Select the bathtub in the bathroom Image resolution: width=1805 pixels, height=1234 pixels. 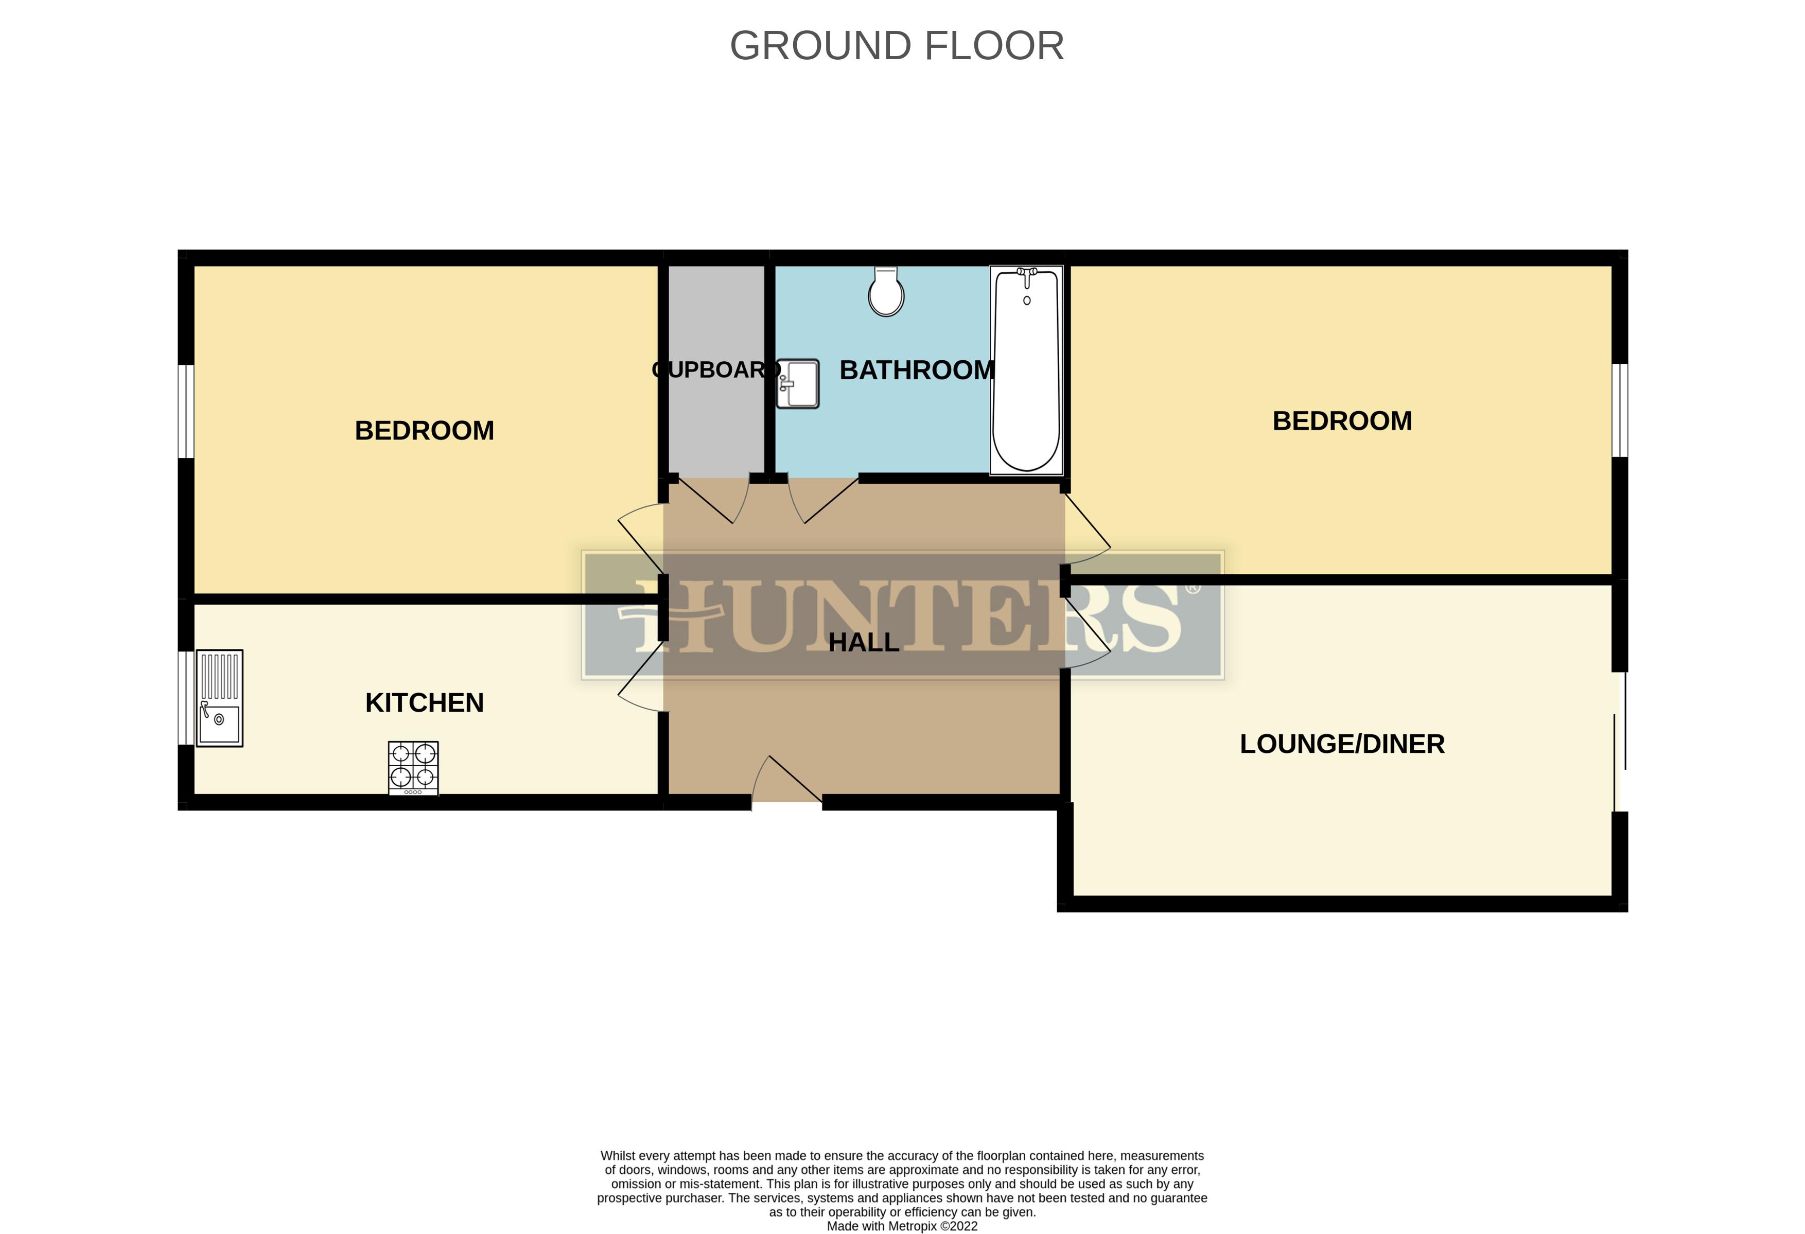click(x=1026, y=371)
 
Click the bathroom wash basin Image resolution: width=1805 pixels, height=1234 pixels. click(x=798, y=383)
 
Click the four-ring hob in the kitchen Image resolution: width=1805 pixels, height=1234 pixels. click(x=413, y=767)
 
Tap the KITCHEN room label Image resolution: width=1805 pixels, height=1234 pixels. click(x=424, y=703)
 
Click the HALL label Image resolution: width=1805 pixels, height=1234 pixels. click(x=864, y=642)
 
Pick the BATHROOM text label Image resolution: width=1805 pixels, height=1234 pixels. click(x=917, y=371)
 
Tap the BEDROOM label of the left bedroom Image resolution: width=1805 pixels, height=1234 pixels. click(x=424, y=430)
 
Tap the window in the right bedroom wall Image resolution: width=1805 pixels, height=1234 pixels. click(x=1619, y=410)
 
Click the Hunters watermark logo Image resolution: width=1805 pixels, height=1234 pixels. click(x=903, y=615)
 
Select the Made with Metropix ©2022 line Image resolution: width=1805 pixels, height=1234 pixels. click(x=902, y=1225)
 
